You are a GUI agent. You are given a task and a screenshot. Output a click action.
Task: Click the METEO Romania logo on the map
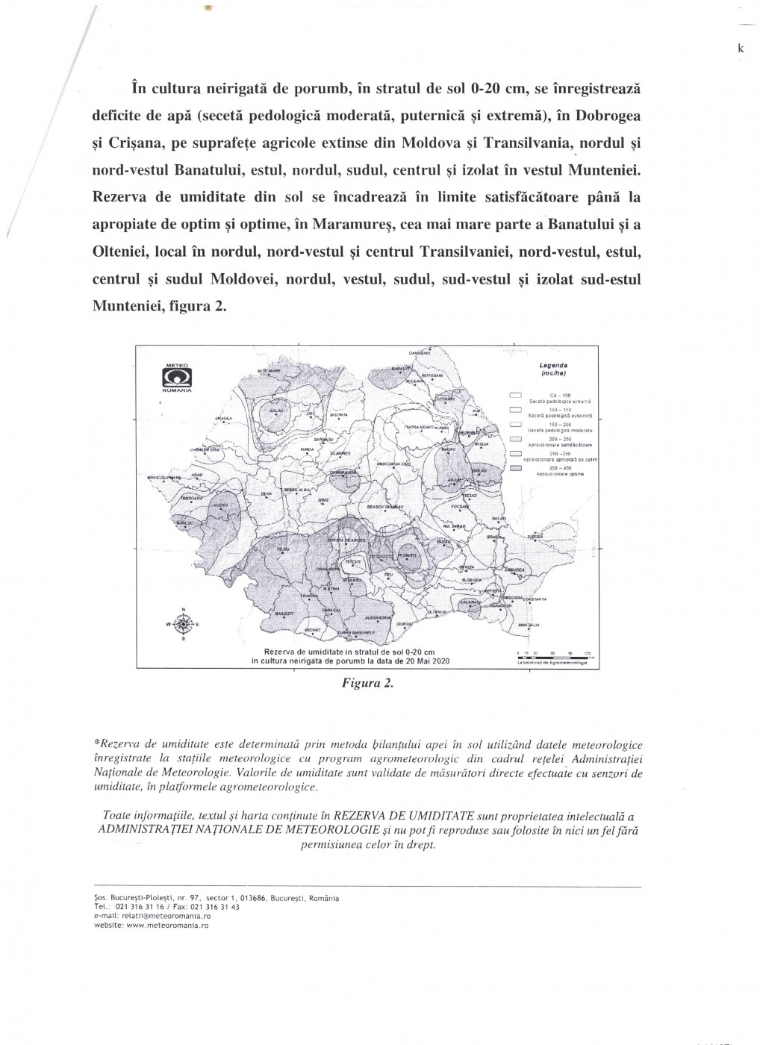(178, 378)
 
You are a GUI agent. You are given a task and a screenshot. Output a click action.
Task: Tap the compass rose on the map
(184, 623)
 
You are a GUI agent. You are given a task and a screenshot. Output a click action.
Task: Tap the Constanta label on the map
(531, 599)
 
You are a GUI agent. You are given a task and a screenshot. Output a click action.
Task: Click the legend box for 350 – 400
(515, 467)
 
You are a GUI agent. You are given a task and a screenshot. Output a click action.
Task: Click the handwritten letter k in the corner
(740, 48)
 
